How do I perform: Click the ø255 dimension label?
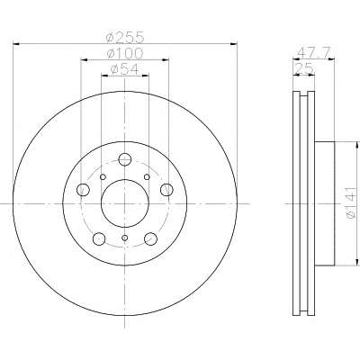pyautogui.click(x=125, y=37)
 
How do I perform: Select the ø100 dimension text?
pyautogui.click(x=125, y=54)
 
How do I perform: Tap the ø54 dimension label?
pyautogui.click(x=125, y=69)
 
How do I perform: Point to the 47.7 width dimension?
pyautogui.click(x=314, y=53)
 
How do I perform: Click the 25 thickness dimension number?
pyautogui.click(x=304, y=68)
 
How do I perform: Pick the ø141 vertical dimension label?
pyautogui.click(x=351, y=202)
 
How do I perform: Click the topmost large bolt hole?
pyautogui.click(x=125, y=159)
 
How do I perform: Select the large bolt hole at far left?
pyautogui.click(x=83, y=190)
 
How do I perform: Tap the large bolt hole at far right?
pyautogui.click(x=166, y=190)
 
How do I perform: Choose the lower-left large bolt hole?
pyautogui.click(x=99, y=238)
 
